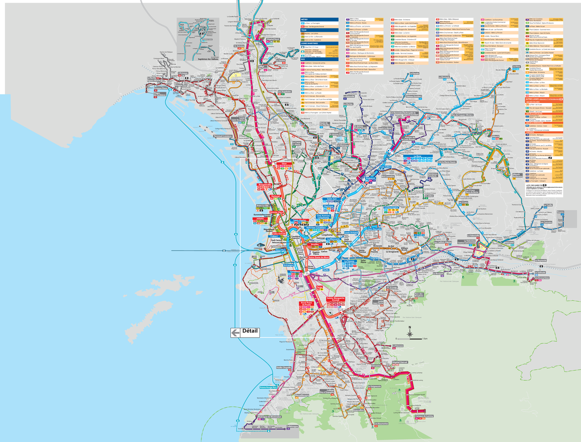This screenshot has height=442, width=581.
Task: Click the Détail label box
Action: pyautogui.click(x=245, y=332)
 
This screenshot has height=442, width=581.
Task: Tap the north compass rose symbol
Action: pyautogui.click(x=410, y=332)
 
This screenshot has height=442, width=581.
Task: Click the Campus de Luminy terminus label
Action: pyautogui.click(x=423, y=416)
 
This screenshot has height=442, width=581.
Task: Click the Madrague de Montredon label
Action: pyautogui.click(x=270, y=417)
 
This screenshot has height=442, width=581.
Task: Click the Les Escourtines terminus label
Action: pyautogui.click(x=542, y=279)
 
